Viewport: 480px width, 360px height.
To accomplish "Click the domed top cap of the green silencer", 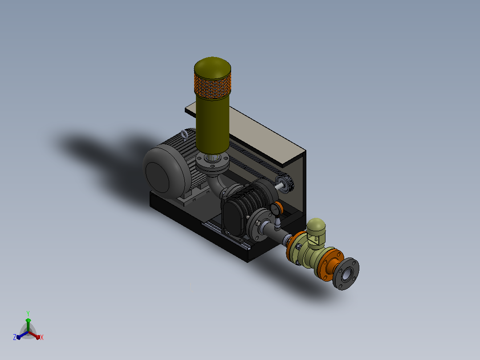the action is [x=212, y=67].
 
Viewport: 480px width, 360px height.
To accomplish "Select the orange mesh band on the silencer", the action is [x=212, y=86].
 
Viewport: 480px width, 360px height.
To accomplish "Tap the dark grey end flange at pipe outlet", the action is [x=346, y=274].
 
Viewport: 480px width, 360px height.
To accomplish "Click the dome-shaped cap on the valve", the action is [x=316, y=225].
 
